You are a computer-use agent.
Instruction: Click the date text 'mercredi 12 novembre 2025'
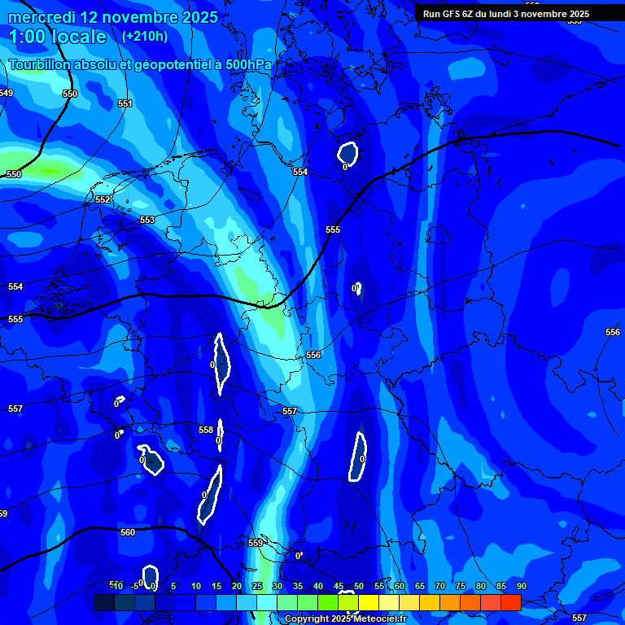tap(113, 17)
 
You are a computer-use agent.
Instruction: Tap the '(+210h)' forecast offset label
tap(144, 36)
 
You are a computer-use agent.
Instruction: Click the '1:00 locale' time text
tap(58, 37)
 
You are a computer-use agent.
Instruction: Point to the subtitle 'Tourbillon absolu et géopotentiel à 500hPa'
tap(141, 64)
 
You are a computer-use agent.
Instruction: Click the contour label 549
tap(6, 94)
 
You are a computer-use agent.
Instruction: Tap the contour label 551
tap(125, 104)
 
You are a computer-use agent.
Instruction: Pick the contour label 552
tap(103, 199)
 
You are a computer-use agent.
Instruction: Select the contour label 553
tap(146, 221)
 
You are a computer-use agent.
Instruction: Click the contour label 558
tap(206, 430)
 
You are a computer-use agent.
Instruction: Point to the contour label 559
tap(256, 543)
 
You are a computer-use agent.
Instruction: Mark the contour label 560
tap(128, 533)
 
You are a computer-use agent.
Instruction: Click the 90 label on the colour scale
tap(521, 586)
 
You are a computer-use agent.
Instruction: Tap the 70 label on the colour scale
tap(440, 586)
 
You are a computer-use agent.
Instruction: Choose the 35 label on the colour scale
tap(298, 586)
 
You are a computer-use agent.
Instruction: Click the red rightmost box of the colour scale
tap(510, 602)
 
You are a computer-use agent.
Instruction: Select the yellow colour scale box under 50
tap(369, 602)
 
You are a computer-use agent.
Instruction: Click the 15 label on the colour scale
tap(216, 586)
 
